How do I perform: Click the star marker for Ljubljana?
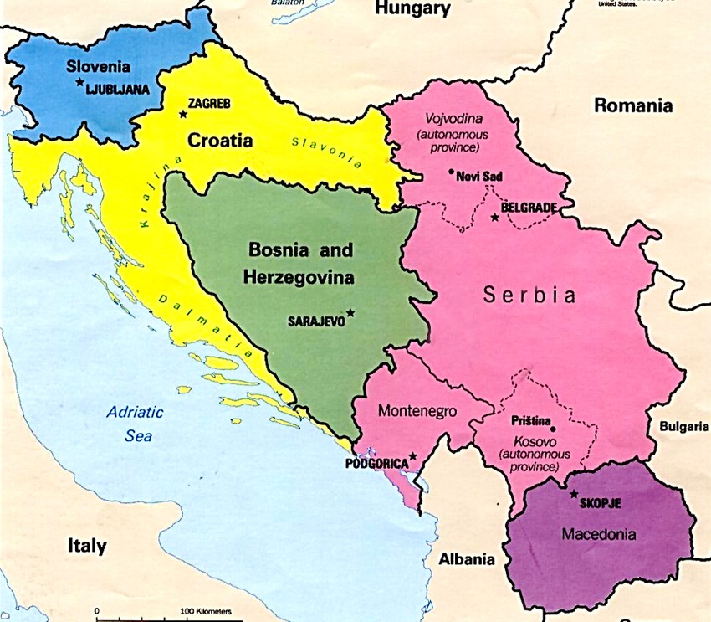tap(80, 82)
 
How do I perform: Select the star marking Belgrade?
tap(494, 218)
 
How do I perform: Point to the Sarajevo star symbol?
tap(350, 313)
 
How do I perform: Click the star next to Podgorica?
tap(412, 457)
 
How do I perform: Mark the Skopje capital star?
tap(574, 494)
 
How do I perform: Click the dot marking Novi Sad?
tap(451, 174)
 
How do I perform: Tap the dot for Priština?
tap(553, 429)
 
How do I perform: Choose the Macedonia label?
tap(598, 534)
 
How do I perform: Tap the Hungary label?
tap(412, 9)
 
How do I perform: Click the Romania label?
tap(632, 106)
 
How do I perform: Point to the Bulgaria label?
tap(683, 426)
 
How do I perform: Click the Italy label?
tap(87, 547)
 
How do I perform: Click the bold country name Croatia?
tap(220, 141)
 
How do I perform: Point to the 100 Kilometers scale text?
tap(205, 612)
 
